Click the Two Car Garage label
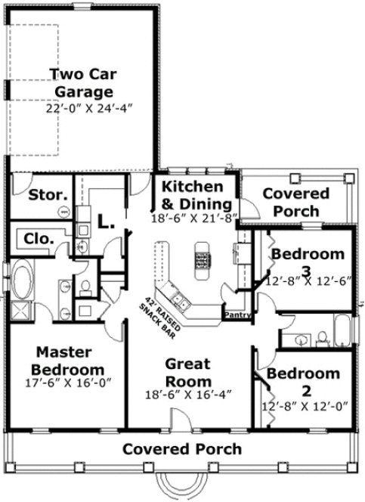point(88,82)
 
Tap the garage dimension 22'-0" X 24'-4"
point(88,108)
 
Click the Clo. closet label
point(39,238)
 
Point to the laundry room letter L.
point(105,222)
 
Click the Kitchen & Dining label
point(194,195)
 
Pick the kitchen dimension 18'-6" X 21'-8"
point(194,218)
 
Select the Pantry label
point(236,313)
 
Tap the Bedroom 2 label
point(305,382)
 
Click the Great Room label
point(187,372)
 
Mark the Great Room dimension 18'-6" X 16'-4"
point(187,394)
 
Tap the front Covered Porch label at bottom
point(182,449)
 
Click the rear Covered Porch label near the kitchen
point(295,202)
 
